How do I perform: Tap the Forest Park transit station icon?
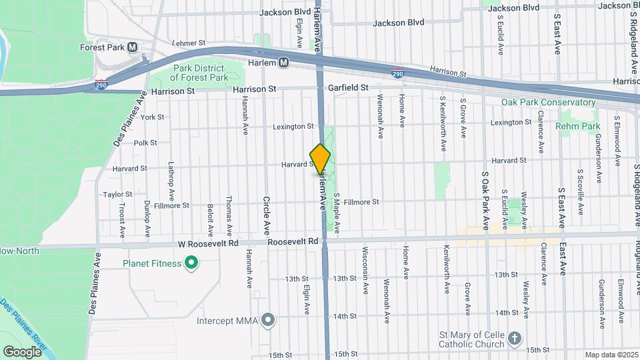[132, 47]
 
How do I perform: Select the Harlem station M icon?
[284, 63]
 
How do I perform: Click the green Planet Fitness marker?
[191, 263]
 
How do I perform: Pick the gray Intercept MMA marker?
[268, 321]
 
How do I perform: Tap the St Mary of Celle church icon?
[515, 338]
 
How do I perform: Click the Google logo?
[21, 351]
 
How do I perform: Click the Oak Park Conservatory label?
[549, 103]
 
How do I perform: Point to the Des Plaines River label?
[23, 324]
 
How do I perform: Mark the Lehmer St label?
[189, 43]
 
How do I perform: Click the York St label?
[152, 117]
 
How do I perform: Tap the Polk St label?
[145, 143]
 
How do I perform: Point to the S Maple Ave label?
[337, 213]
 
